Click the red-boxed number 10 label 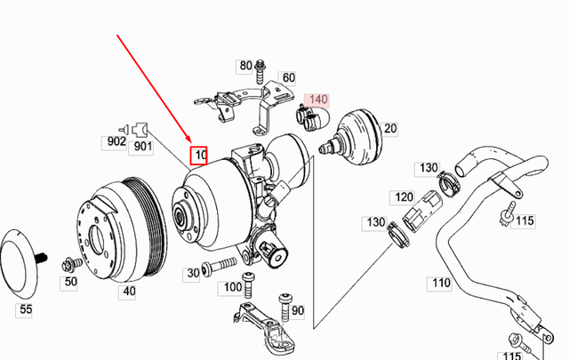click(x=200, y=156)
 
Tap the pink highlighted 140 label click(x=318, y=101)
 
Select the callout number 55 click(x=25, y=309)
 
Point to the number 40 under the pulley click(x=129, y=291)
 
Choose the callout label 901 click(x=143, y=147)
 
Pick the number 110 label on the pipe click(x=441, y=284)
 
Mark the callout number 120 click(x=405, y=196)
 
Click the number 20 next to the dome click(x=389, y=130)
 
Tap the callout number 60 click(x=288, y=78)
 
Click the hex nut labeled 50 click(x=68, y=265)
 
